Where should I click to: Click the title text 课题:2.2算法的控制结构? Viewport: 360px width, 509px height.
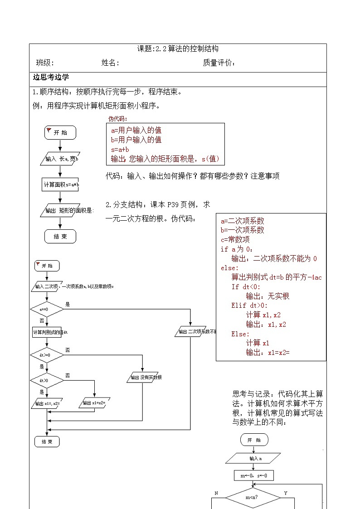click(x=178, y=49)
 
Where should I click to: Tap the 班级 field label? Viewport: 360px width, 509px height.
click(x=45, y=63)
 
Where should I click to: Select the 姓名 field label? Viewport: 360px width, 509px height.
click(x=110, y=63)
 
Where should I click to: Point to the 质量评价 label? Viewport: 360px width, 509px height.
click(x=219, y=63)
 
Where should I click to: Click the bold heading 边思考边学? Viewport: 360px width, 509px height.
click(x=51, y=77)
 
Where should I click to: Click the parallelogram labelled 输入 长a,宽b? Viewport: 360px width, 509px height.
click(x=60, y=159)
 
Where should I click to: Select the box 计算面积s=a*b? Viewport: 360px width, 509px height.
click(x=61, y=184)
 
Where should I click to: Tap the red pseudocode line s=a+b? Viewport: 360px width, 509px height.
click(x=120, y=149)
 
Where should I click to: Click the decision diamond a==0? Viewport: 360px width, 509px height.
click(x=47, y=310)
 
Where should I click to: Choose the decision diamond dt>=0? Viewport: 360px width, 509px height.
click(x=47, y=355)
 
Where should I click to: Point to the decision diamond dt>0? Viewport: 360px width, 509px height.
click(x=47, y=380)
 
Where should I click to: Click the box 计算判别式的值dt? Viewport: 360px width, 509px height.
click(x=50, y=332)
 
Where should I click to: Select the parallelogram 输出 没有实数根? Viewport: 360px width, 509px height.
click(x=146, y=377)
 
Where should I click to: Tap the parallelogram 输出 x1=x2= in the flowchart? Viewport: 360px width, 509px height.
click(x=94, y=403)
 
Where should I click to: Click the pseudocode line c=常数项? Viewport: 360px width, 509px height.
click(x=235, y=239)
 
